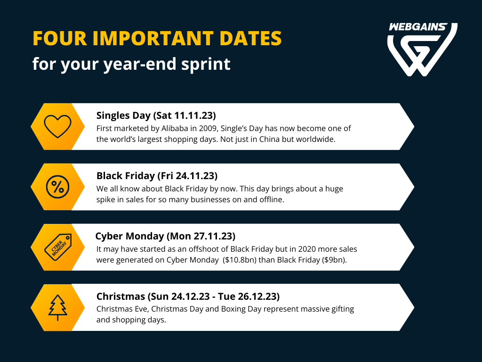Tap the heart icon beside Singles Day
pyautogui.click(x=57, y=126)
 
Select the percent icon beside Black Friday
pyautogui.click(x=57, y=187)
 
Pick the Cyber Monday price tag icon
pyautogui.click(x=58, y=247)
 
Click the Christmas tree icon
pyautogui.click(x=57, y=308)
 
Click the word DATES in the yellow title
pyautogui.click(x=250, y=39)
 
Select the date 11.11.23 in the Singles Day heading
pyautogui.click(x=193, y=115)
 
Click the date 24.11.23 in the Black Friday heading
pyautogui.click(x=195, y=176)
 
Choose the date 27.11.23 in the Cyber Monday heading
pyautogui.click(x=213, y=236)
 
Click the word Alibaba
pyautogui.click(x=175, y=128)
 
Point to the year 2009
pyautogui.click(x=208, y=128)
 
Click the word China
pyautogui.click(x=269, y=140)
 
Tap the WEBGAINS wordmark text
pyautogui.click(x=418, y=27)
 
